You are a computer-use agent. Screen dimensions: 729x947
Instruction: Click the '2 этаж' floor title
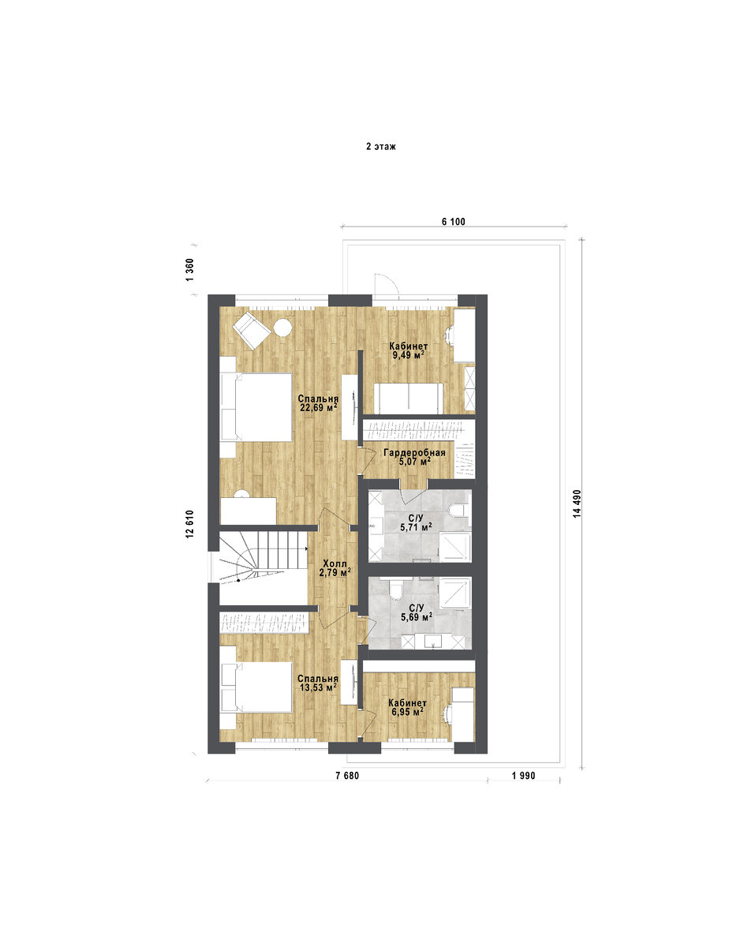380,147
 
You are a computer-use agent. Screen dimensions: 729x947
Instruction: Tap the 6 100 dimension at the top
454,222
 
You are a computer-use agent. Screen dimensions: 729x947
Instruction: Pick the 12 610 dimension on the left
189,524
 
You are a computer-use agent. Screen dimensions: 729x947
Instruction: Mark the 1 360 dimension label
189,270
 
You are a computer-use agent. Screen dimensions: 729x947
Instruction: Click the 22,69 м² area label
318,408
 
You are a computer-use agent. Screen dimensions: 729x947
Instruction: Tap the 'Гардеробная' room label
414,453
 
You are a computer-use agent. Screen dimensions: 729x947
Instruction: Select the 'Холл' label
335,563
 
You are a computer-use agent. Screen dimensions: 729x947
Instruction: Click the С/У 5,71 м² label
416,523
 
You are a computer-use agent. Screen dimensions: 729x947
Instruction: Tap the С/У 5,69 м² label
416,612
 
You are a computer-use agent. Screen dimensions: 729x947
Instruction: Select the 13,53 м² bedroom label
318,687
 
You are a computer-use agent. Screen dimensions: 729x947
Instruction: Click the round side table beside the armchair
282,328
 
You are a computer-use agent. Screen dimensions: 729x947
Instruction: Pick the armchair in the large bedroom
252,330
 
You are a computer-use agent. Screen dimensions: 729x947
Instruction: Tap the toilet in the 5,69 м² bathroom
397,590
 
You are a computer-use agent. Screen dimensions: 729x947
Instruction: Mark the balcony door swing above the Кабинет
387,283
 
